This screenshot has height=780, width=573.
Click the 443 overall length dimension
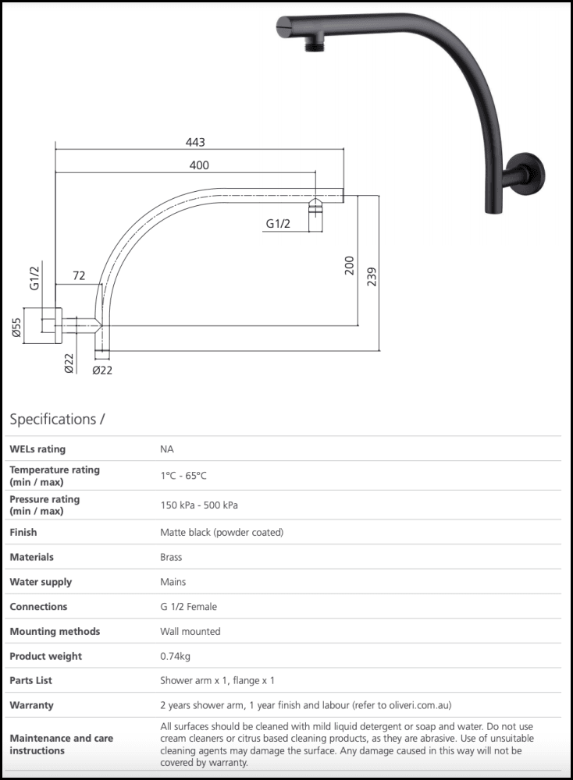point(195,142)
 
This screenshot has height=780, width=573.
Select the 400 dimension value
point(199,165)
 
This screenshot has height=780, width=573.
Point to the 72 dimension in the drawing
point(79,277)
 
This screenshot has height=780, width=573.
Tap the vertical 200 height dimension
point(349,265)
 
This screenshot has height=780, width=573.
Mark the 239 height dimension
point(372,277)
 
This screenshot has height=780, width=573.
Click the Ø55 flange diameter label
point(16,328)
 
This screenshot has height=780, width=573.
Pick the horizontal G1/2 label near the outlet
point(278,224)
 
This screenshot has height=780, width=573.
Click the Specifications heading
point(57,420)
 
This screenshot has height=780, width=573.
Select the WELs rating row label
point(37,449)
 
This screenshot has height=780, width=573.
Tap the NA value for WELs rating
point(167,449)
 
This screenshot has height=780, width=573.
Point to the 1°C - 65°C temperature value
point(183,476)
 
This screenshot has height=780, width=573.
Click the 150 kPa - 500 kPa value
point(199,505)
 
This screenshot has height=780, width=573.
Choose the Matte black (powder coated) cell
point(222,533)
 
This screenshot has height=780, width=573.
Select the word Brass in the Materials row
point(171,558)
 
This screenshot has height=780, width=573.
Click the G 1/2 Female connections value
point(189,607)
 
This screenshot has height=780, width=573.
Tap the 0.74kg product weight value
point(176,656)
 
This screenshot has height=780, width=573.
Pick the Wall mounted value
point(190,632)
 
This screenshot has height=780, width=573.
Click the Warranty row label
point(31,705)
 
